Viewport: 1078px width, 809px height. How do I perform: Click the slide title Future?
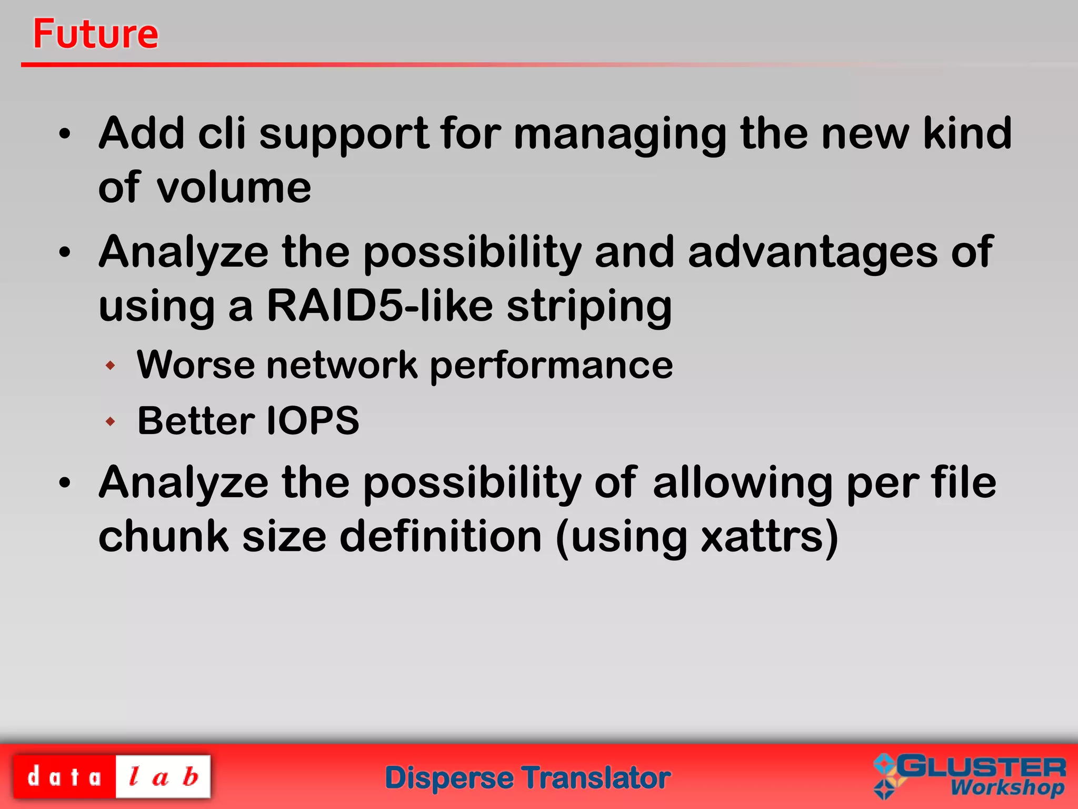(x=95, y=34)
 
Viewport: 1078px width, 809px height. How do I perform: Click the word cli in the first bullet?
(x=222, y=133)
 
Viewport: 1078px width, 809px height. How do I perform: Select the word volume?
(x=234, y=188)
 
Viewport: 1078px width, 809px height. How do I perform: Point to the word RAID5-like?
(x=380, y=306)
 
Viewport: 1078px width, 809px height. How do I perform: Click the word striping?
(x=589, y=308)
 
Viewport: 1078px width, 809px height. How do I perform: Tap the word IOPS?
(x=313, y=421)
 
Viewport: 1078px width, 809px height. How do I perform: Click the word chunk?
(x=164, y=537)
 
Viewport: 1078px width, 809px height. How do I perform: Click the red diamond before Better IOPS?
(x=110, y=421)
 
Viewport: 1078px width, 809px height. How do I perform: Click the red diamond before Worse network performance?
(x=110, y=365)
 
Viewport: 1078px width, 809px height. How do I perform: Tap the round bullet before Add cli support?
(x=64, y=134)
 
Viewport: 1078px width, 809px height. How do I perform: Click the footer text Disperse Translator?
(x=528, y=778)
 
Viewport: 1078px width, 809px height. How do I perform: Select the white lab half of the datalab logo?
(x=163, y=777)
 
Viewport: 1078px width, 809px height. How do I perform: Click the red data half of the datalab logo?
(x=64, y=777)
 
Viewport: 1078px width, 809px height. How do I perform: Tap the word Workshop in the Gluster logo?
(x=1007, y=788)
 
